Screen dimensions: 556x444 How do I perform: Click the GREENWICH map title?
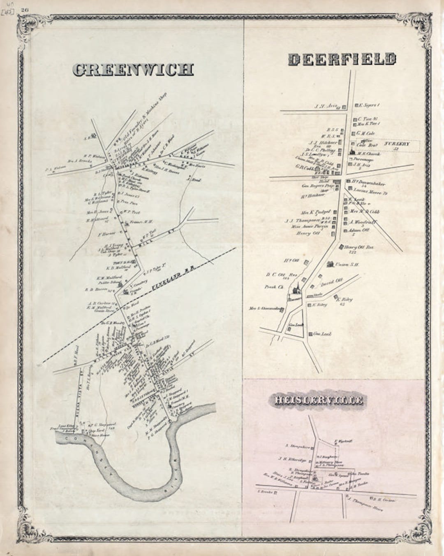(133, 70)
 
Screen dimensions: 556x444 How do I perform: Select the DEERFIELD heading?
(342, 60)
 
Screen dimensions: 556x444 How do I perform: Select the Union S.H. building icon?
(330, 264)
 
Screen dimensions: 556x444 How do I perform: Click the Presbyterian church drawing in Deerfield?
(295, 291)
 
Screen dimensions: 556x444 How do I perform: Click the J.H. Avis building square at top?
(344, 107)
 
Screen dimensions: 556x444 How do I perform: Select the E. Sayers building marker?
(356, 105)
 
